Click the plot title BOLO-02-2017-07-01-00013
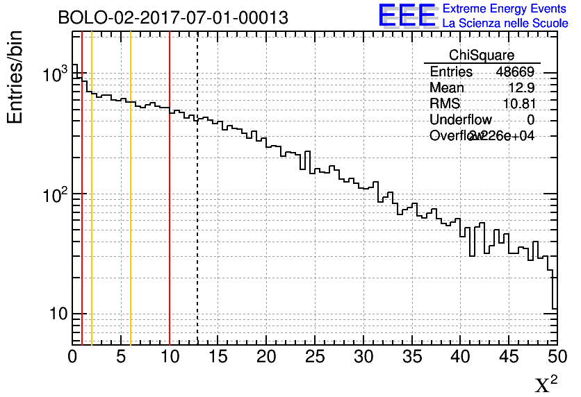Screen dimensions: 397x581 (172, 18)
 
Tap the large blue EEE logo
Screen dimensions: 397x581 (407, 16)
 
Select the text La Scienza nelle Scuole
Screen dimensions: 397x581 (505, 24)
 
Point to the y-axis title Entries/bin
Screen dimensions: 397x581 (15, 76)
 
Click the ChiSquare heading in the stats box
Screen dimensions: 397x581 (482, 55)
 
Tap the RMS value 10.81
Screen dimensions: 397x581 (518, 104)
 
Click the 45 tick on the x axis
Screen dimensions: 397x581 (509, 357)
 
